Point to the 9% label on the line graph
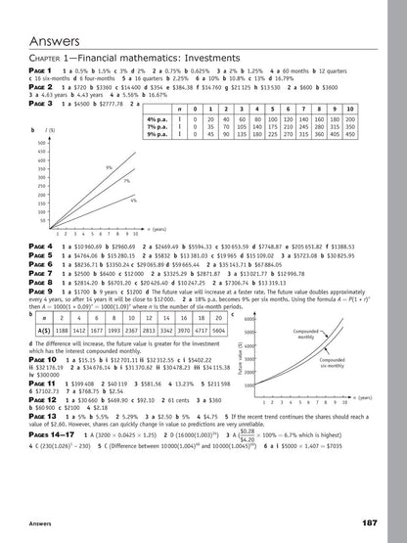[109, 168]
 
